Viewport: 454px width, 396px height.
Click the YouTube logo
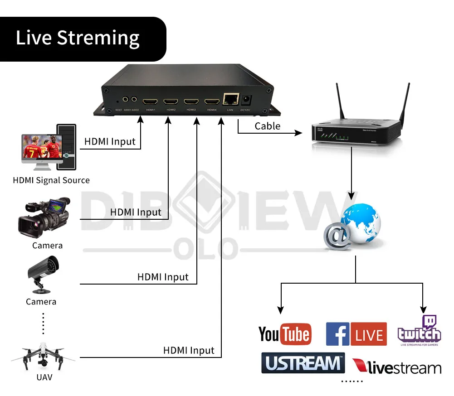(x=285, y=334)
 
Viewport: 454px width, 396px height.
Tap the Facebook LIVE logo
(x=356, y=334)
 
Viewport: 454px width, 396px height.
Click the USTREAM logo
(x=303, y=363)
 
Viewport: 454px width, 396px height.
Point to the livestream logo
(x=396, y=367)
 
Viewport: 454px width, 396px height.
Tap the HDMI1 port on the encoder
(x=150, y=102)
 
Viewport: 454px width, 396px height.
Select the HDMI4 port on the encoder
(x=212, y=102)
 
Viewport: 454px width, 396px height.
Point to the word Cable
(x=268, y=126)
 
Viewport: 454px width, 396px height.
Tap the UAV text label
(x=44, y=377)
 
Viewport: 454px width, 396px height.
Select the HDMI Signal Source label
(x=51, y=180)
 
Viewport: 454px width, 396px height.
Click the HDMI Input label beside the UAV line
(x=189, y=350)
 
